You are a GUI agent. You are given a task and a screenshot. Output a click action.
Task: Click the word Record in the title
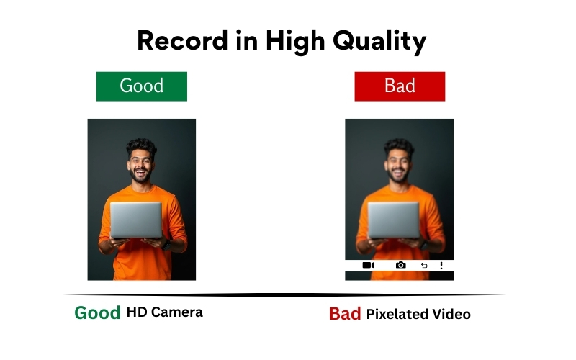pos(175,41)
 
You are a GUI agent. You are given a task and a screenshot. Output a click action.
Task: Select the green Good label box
pos(142,86)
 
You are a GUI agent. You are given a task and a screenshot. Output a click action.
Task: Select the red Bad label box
pos(400,86)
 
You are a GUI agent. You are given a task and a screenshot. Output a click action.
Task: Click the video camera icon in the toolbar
pos(368,265)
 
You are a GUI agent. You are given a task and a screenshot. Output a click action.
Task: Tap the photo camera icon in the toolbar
pos(401,265)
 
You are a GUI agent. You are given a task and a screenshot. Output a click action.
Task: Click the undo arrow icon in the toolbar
pos(424,265)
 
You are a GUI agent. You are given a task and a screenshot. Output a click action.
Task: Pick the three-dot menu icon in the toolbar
pos(441,265)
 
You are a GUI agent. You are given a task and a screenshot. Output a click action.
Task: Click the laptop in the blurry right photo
pos(393,220)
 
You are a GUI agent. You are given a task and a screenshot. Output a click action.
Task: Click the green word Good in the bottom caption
pos(97,313)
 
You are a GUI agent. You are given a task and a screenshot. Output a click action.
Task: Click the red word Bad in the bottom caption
pos(345,314)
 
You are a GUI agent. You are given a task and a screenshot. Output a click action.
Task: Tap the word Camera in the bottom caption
pos(177,312)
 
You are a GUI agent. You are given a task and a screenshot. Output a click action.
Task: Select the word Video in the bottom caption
pos(452,314)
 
